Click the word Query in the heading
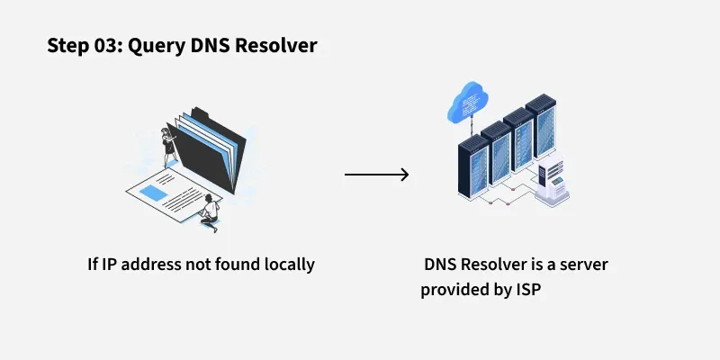[157, 46]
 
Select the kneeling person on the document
[210, 213]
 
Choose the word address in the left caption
[147, 265]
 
